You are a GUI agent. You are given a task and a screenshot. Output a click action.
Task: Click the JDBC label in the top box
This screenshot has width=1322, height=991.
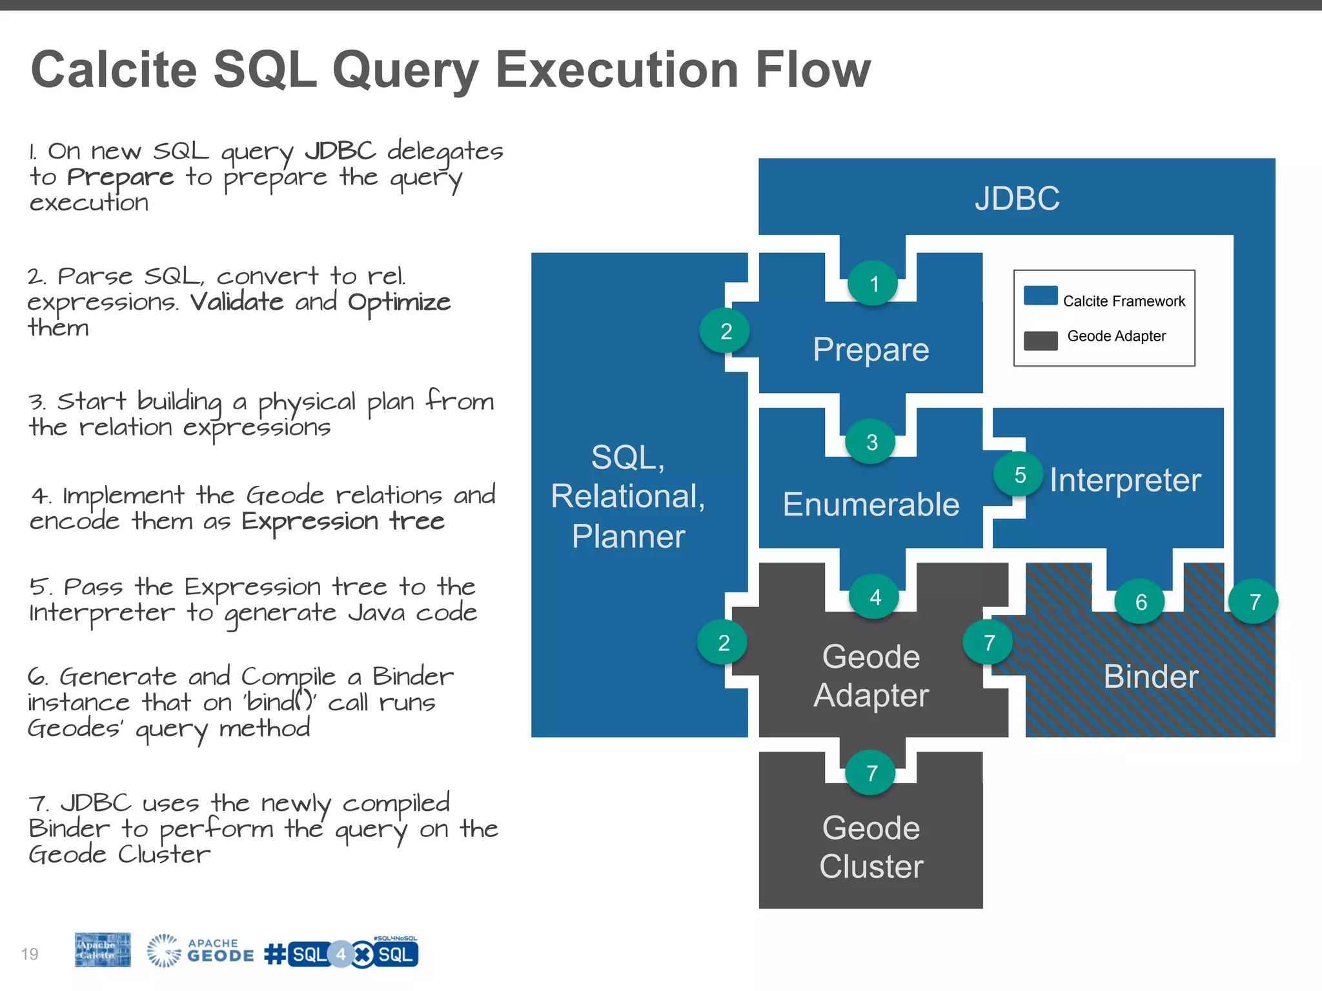tap(1017, 198)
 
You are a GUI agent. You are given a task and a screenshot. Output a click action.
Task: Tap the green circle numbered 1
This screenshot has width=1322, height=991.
tap(873, 284)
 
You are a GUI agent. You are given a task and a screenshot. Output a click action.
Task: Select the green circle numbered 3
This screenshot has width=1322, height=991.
tap(871, 442)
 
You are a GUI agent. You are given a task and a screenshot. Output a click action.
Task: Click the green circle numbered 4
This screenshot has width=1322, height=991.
tap(875, 597)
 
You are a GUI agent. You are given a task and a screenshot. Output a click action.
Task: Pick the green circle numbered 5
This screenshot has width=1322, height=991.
tap(1019, 475)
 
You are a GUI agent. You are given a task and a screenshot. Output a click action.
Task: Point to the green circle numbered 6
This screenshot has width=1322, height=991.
tap(1141, 602)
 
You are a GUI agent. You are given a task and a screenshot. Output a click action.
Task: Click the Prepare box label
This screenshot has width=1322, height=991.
tap(871, 350)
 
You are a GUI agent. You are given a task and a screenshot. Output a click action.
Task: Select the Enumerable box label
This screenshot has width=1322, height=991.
tap(871, 505)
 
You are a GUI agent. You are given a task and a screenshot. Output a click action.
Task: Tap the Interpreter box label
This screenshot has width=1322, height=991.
tap(1125, 480)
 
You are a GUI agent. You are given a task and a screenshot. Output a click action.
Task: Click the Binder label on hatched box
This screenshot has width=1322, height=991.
tap(1151, 677)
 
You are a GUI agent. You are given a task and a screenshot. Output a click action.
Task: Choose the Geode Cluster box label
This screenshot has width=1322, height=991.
tap(871, 847)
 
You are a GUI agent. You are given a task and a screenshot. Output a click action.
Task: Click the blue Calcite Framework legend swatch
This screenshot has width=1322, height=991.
tap(1041, 295)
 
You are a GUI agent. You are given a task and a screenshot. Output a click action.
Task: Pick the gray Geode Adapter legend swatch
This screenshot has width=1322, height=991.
tap(1041, 341)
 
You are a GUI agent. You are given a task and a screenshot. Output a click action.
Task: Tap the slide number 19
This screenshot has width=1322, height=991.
tap(30, 954)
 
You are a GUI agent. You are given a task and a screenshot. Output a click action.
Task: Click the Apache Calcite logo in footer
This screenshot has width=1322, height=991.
tap(103, 950)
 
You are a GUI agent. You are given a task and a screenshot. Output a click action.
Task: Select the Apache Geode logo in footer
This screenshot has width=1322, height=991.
tap(200, 951)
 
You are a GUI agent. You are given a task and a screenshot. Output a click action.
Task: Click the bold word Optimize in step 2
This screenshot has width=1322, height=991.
tap(399, 302)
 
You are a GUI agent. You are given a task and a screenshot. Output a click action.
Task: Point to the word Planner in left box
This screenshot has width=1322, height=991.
tap(628, 537)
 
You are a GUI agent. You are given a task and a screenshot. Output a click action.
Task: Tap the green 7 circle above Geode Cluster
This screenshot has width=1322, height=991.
tap(871, 772)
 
